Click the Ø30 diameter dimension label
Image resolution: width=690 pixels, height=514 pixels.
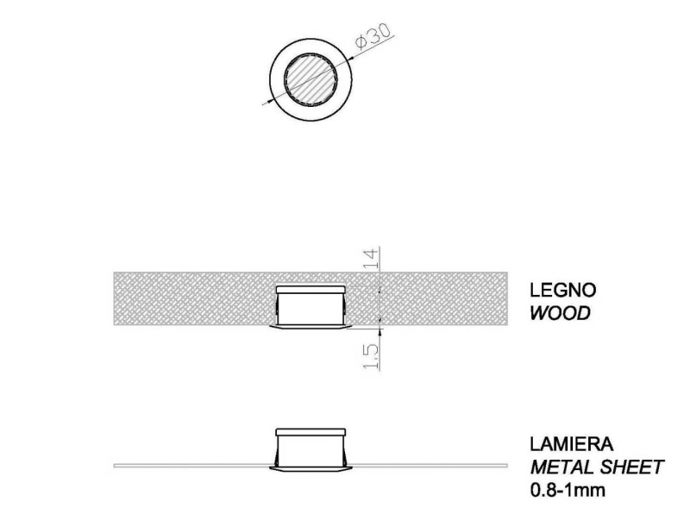click(373, 36)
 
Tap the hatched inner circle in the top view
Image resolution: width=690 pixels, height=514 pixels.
click(310, 79)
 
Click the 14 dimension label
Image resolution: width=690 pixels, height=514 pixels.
click(371, 259)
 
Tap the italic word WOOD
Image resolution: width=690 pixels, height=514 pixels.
click(560, 314)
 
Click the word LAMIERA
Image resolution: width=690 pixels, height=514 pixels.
click(571, 444)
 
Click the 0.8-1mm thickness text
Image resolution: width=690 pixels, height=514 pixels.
click(568, 490)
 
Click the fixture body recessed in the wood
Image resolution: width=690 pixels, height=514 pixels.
click(310, 310)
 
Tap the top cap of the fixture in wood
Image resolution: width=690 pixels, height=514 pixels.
click(310, 289)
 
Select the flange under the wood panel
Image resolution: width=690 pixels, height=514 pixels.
click(310, 327)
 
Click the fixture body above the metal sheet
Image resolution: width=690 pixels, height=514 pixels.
click(310, 450)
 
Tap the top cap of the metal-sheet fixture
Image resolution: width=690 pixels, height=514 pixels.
click(310, 432)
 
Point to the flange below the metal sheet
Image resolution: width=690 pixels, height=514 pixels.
click(310, 467)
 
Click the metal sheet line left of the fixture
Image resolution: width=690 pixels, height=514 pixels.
click(191, 465)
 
